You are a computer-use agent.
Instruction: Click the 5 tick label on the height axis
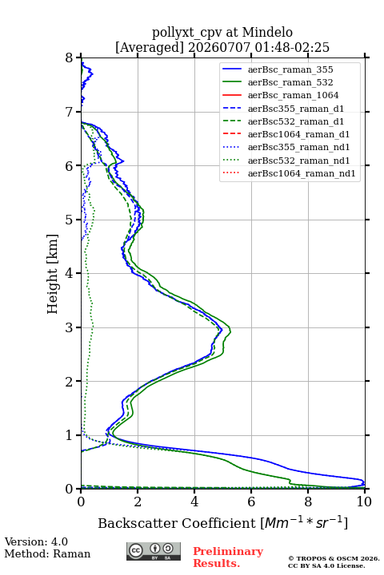coord(70,220)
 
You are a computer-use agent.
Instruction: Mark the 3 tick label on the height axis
coord(70,327)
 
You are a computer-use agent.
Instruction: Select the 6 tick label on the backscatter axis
coord(251,502)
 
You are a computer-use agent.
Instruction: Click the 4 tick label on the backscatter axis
coord(194,502)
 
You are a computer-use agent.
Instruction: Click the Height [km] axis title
coord(53,274)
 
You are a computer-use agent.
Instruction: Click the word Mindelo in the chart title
coord(267,32)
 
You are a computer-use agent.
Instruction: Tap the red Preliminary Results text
coord(228,557)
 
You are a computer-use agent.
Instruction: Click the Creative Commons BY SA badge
coord(154,551)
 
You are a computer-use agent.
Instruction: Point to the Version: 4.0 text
coord(36,541)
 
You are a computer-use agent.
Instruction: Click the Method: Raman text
coord(47,553)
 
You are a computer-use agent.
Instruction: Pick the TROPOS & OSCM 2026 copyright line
coord(334,558)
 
